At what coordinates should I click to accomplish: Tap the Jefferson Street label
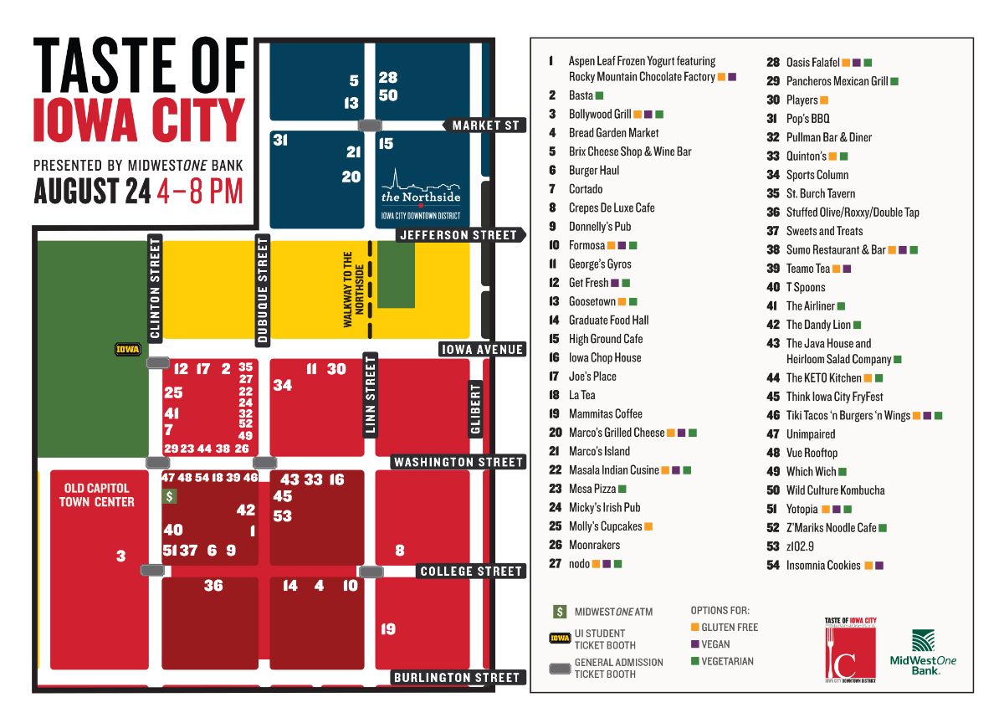coord(458,235)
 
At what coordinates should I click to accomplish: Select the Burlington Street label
coord(456,677)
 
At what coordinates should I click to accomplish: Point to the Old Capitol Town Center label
coord(97,495)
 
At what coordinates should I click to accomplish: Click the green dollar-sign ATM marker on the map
coord(170,496)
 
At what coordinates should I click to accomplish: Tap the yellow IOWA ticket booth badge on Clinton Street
coord(128,350)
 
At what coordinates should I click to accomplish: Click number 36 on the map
coord(213,586)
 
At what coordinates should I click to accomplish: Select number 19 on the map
coord(388,629)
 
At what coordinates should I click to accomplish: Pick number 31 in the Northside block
coord(280,141)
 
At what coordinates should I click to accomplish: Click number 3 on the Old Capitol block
coord(120,556)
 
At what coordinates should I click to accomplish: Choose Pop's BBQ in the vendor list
coord(807,119)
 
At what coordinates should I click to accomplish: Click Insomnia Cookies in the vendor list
coord(822,566)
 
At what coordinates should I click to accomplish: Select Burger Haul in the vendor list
coord(593,171)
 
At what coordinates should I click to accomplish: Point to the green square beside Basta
coord(599,96)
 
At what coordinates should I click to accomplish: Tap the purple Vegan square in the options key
coord(694,644)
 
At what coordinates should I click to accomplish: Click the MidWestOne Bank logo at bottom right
coord(922,654)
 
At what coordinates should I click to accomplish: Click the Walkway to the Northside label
coord(354,289)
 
